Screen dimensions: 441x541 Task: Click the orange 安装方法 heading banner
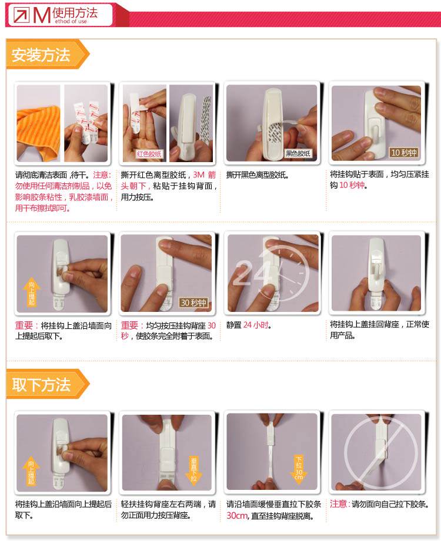pyautogui.click(x=48, y=54)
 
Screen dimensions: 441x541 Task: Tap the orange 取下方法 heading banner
pyautogui.click(x=48, y=384)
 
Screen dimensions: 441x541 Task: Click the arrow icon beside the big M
pyautogui.click(x=21, y=15)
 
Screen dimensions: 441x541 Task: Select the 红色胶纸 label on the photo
pyautogui.click(x=149, y=154)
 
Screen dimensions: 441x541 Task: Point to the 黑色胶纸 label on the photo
pyautogui.click(x=298, y=153)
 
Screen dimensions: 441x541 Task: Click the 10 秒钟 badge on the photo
pyautogui.click(x=404, y=152)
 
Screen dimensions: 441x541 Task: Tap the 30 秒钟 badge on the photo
pyautogui.click(x=193, y=303)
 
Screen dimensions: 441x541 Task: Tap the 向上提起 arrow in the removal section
pyautogui.click(x=31, y=471)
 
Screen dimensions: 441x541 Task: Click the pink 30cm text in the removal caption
pyautogui.click(x=236, y=516)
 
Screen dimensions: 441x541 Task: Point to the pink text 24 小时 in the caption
pyautogui.click(x=256, y=325)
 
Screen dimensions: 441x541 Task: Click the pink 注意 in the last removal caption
pyautogui.click(x=338, y=504)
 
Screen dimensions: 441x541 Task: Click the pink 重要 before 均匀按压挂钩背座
pyautogui.click(x=129, y=325)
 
